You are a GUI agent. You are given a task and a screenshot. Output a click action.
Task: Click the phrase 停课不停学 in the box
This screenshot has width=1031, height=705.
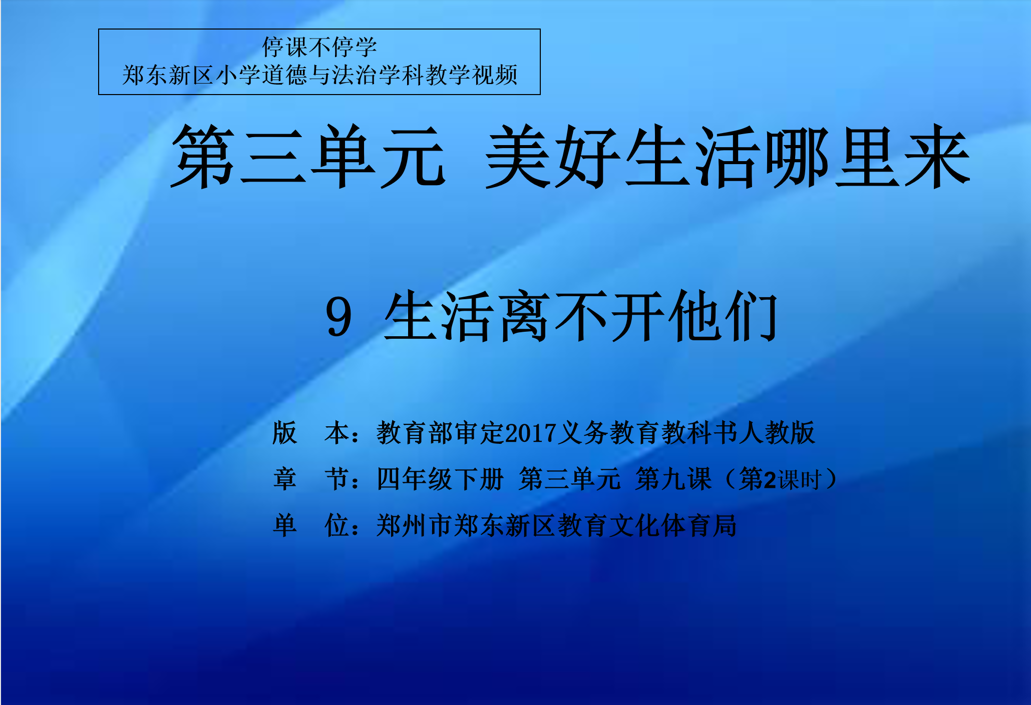319,48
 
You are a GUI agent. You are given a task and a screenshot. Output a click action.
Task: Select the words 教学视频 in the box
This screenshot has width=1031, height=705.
471,76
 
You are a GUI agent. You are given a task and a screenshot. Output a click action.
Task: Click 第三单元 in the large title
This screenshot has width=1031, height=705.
308,156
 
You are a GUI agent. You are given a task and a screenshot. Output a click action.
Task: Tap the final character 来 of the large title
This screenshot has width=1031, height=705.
937,156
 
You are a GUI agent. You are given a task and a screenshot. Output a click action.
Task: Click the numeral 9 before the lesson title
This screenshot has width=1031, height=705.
339,317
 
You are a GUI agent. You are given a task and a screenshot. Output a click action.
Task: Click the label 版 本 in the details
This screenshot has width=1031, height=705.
311,433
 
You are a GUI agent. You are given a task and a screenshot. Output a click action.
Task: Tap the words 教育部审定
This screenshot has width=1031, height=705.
441,433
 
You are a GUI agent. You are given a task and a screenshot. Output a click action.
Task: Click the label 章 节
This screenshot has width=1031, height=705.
311,479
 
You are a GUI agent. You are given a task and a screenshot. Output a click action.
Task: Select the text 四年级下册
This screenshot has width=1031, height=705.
440,479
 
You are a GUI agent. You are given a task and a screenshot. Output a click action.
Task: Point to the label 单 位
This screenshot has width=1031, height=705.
311,525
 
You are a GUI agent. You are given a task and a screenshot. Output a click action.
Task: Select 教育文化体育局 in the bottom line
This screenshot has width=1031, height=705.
647,525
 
